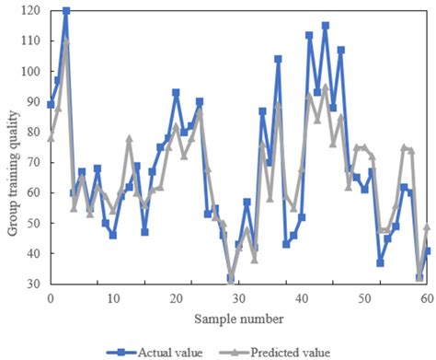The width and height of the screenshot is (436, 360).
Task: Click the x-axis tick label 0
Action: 50,298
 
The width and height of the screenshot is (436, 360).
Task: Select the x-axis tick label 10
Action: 112,298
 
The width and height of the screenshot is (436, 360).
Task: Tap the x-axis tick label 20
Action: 175,298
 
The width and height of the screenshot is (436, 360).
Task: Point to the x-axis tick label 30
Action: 237,298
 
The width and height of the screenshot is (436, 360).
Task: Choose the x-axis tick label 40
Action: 300,298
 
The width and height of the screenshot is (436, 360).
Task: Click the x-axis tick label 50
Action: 362,298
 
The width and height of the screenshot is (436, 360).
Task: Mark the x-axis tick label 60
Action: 424,298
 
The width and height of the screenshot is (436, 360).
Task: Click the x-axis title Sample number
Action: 237,318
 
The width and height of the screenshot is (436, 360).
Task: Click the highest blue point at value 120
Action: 65,11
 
